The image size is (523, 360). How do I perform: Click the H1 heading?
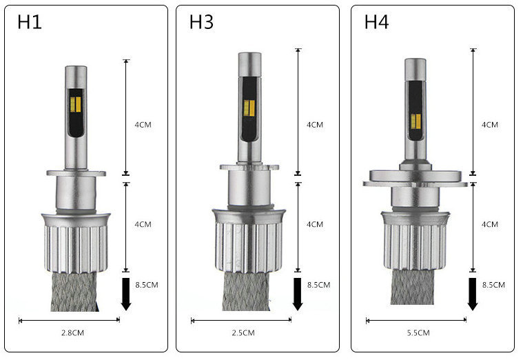(30, 22)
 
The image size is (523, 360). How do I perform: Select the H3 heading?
(201, 22)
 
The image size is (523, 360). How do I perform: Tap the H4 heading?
(376, 22)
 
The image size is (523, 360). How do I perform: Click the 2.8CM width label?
(72, 332)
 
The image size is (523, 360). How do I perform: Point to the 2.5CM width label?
(243, 332)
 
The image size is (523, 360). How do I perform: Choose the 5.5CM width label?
(418, 332)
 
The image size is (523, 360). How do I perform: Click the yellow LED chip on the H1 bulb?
(76, 105)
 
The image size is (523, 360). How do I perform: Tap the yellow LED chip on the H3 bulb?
(249, 108)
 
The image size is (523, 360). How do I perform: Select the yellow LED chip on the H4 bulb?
(416, 121)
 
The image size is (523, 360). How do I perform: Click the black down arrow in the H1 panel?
(125, 294)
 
